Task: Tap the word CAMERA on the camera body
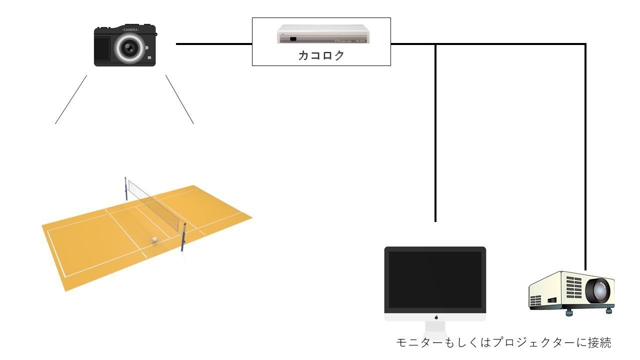tap(130, 30)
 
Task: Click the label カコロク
tap(321, 55)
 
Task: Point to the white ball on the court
tap(155, 240)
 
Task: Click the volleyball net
tap(155, 205)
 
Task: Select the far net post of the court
tap(125, 188)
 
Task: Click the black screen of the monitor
tap(435, 280)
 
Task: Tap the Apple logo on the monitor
tap(435, 317)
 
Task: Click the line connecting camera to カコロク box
tap(214, 44)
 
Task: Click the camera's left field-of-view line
tap(71, 99)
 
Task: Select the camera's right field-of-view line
tap(179, 99)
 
